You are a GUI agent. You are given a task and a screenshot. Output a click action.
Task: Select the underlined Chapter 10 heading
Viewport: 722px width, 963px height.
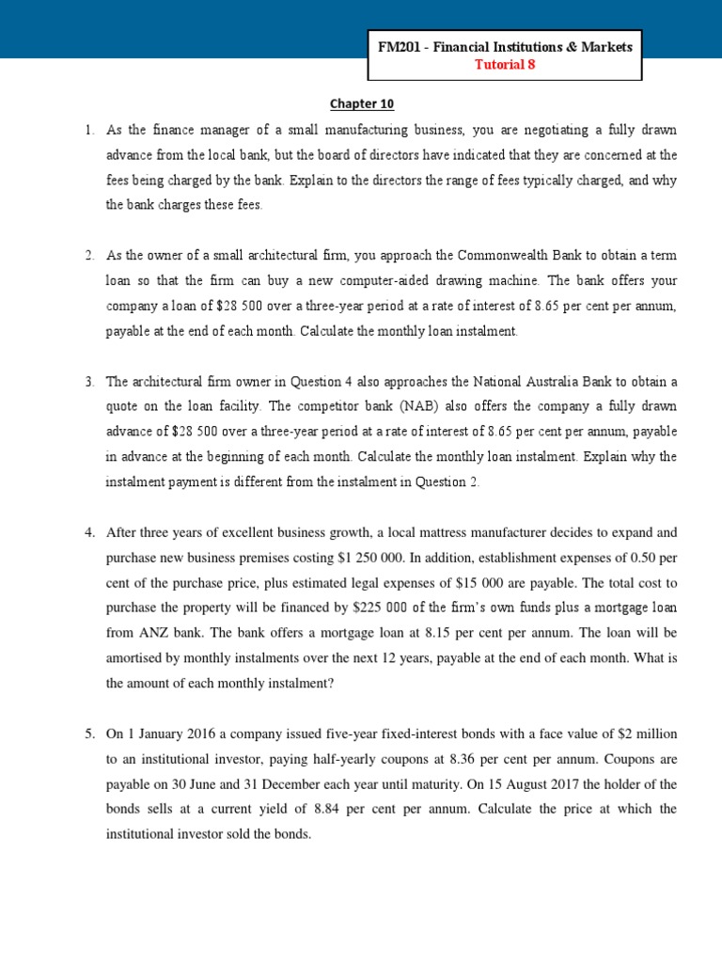click(353, 105)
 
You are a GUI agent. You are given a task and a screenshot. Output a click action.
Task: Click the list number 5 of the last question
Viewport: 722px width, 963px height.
click(89, 734)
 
